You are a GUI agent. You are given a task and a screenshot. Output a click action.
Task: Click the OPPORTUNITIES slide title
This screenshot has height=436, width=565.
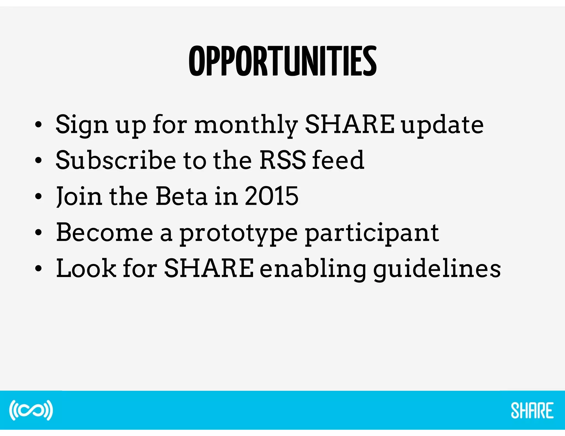tap(283, 61)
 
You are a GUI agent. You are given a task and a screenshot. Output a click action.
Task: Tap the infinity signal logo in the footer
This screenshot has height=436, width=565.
tap(31, 410)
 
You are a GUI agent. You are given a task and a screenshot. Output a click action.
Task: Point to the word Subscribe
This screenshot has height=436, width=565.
tap(116, 160)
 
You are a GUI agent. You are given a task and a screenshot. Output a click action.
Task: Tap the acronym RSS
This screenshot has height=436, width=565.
tap(282, 160)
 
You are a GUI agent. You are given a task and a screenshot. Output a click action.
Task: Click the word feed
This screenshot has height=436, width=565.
tap(338, 160)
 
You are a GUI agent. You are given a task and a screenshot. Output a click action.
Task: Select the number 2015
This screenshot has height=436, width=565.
tap(271, 196)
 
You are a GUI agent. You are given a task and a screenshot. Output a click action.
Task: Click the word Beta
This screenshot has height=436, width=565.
tap(181, 196)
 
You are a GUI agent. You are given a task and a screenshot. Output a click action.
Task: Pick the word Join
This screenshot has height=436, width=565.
tap(79, 197)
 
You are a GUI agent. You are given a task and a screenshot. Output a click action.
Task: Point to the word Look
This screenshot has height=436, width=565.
tap(86, 268)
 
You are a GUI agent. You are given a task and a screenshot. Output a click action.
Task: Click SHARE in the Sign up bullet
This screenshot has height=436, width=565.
tap(350, 125)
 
